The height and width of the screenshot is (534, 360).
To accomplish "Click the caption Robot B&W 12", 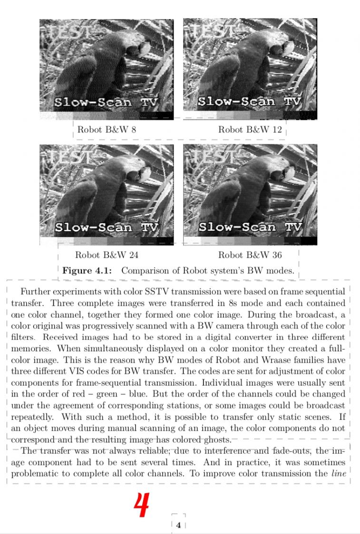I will pos(250,129).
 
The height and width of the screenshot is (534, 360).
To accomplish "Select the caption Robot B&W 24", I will pos(107,255).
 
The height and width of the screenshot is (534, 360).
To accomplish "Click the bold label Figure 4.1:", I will pos(87,271).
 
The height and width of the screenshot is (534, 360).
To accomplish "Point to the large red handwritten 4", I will pos(141,506).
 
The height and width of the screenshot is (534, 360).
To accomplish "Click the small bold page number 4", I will pos(178,525).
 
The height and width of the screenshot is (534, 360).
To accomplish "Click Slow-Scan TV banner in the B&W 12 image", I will pos(250,101).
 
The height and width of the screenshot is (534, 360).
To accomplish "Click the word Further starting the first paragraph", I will pos(36,292).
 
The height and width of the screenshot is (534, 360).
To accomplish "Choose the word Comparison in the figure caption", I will pos(144,271).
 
